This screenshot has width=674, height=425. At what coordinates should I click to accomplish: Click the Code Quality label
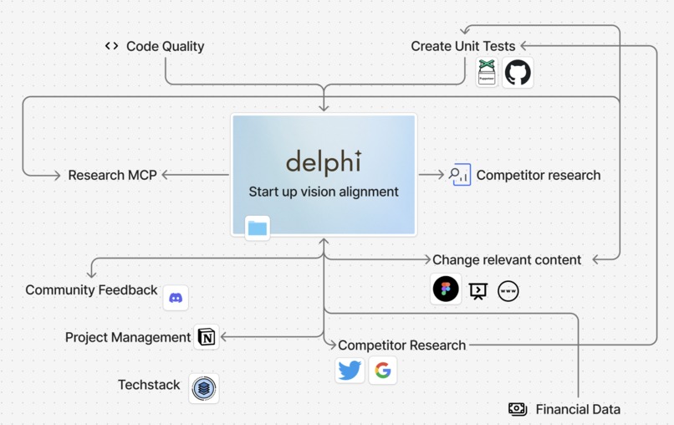[165, 46]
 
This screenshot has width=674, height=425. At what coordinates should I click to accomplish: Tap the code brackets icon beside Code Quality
[111, 46]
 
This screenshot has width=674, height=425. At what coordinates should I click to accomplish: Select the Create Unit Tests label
[462, 46]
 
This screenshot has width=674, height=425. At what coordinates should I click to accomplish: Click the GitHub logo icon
[518, 73]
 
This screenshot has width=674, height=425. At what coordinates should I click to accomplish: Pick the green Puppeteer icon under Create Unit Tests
[487, 73]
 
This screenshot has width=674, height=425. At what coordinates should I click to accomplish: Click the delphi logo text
[324, 161]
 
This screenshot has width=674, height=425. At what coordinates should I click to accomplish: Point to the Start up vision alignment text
[324, 192]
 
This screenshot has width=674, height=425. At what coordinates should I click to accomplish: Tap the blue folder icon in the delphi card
[258, 228]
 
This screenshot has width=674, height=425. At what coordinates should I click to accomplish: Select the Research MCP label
[112, 175]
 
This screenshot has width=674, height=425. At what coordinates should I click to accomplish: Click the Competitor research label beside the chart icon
[538, 175]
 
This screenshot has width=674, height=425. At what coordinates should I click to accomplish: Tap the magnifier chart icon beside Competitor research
[460, 175]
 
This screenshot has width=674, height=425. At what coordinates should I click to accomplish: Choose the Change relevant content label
[506, 259]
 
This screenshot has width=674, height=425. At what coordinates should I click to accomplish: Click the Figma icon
[446, 289]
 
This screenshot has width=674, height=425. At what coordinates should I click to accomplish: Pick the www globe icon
[508, 290]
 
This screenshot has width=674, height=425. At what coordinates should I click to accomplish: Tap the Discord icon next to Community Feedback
[176, 298]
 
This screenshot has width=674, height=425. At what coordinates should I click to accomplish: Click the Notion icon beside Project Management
[206, 337]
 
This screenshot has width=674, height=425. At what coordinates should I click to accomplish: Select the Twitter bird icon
[350, 370]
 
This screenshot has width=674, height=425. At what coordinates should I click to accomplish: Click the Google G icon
[383, 370]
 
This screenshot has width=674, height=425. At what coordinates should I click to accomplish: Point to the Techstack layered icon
[203, 388]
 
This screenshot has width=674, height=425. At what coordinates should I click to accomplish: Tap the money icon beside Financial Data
[518, 409]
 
